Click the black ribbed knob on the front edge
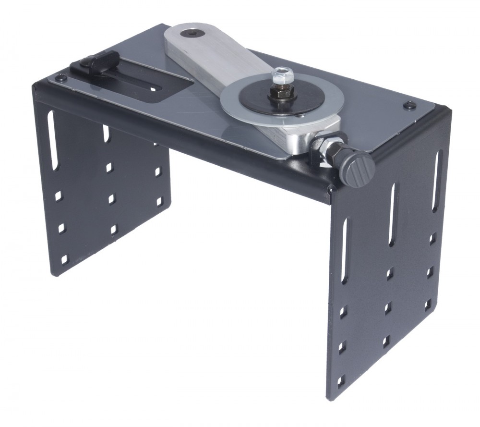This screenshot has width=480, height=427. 358,170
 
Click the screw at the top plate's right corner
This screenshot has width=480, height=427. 409,105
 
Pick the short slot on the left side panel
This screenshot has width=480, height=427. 106,134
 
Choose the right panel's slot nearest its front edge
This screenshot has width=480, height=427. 345,249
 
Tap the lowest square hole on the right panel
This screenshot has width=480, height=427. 341,382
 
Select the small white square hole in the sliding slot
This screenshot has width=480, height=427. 153,89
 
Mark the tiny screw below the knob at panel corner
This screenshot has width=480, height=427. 330,192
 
